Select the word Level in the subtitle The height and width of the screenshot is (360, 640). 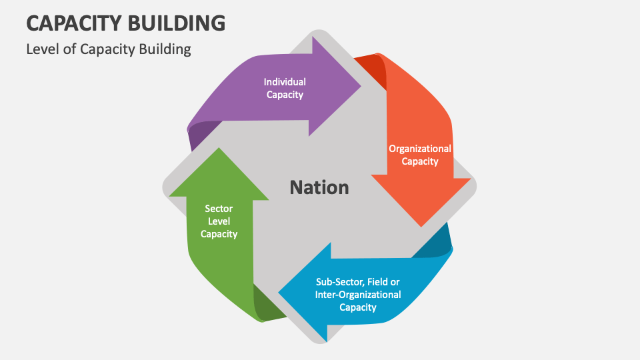click(42, 49)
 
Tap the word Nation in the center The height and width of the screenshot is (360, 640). click(319, 187)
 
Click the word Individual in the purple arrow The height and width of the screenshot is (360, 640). click(285, 82)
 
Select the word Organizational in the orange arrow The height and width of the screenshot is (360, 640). click(420, 149)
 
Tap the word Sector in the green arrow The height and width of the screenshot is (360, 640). click(219, 209)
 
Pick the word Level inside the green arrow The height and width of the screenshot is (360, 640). click(219, 221)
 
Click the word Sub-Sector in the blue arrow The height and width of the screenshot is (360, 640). click(340, 281)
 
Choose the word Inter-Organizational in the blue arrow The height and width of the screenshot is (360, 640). click(358, 294)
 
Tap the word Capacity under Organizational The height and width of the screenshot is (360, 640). click(420, 161)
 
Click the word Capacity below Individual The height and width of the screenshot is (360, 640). click(285, 95)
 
